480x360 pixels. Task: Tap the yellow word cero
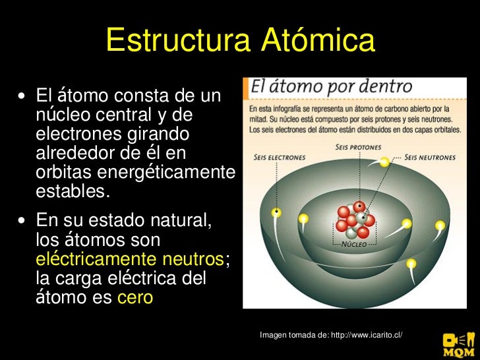click(135, 297)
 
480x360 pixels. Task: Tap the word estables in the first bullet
click(71, 193)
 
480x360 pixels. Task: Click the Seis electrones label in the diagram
click(279, 158)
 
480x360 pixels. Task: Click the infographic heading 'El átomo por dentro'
click(330, 86)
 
